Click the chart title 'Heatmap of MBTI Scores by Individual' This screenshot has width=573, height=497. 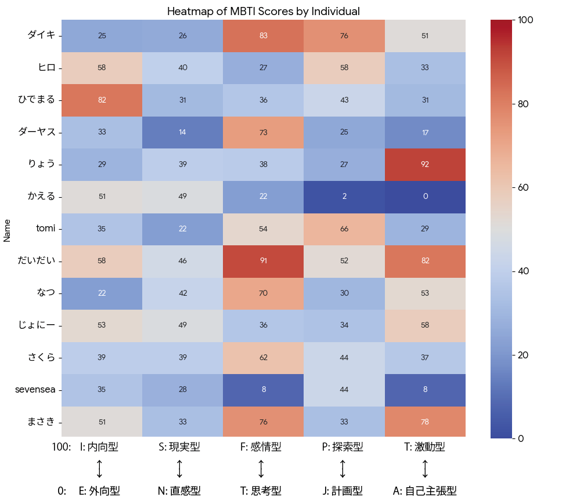tap(263, 11)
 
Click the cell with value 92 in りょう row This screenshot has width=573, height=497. tap(425, 164)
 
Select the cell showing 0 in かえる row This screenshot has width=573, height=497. tap(425, 196)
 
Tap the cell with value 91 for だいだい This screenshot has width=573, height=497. tap(263, 260)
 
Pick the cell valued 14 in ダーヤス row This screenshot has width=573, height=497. tap(182, 132)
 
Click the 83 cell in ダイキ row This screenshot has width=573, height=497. tap(263, 35)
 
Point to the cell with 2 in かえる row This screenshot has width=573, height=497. tap(344, 196)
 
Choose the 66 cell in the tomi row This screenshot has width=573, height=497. tap(344, 228)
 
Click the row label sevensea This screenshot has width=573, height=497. tap(35, 389)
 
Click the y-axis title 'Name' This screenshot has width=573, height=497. tap(7, 229)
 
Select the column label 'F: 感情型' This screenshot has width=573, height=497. tap(261, 447)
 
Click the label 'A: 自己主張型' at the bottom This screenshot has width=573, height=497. tap(424, 491)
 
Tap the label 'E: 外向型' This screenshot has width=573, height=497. tap(99, 491)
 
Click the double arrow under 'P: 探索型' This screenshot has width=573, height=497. tap(343, 469)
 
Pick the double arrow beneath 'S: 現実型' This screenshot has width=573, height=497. tap(179, 469)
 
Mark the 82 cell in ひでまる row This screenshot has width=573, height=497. tap(102, 100)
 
